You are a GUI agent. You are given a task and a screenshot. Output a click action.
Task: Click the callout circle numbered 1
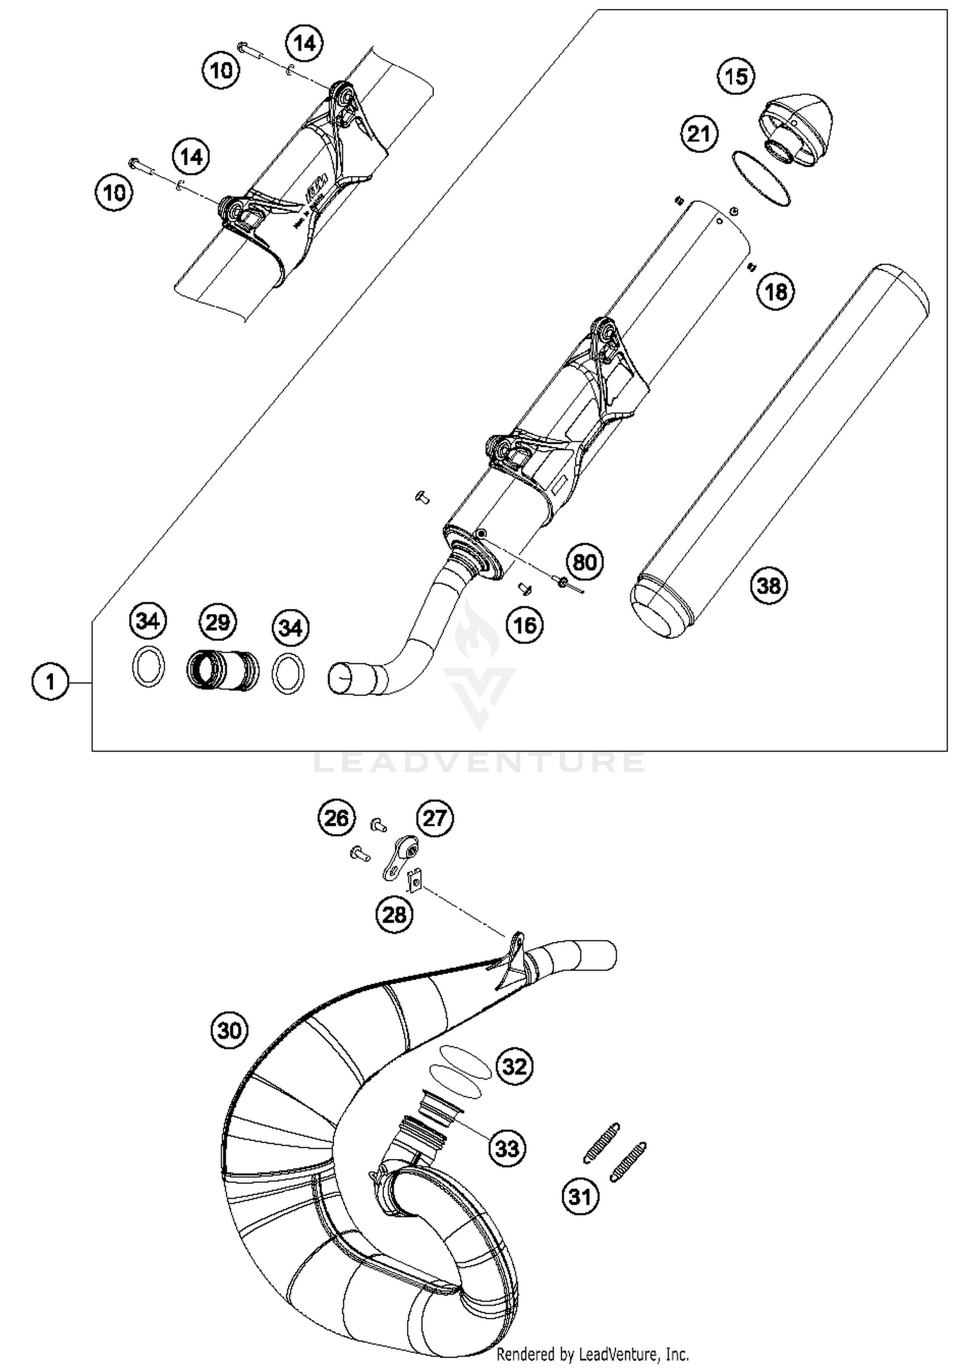tap(51, 682)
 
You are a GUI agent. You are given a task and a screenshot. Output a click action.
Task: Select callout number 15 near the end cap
tap(736, 76)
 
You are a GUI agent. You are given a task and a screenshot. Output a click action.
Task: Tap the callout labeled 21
tap(699, 134)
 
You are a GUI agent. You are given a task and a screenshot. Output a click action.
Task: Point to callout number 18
tap(776, 292)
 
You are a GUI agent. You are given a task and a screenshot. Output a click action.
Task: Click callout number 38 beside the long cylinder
tap(769, 585)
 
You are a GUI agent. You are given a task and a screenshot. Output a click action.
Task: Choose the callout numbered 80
tap(585, 562)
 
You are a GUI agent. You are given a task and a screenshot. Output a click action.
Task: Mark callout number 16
tap(525, 624)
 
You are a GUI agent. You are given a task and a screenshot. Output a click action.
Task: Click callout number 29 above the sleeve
tap(217, 622)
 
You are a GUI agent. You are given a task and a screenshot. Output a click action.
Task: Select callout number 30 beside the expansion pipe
tap(229, 1031)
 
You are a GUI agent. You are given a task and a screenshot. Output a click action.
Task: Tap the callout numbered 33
tap(507, 1148)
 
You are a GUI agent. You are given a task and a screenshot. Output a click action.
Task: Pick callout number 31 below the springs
tap(580, 1196)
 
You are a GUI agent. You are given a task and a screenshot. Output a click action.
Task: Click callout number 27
tap(435, 818)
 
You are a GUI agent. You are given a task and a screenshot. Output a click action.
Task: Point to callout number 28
tap(394, 914)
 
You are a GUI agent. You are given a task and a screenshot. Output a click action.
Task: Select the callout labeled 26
tap(337, 818)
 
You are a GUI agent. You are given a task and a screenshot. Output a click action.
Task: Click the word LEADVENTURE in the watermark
tap(480, 762)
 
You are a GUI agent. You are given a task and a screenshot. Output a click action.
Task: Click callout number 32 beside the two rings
tap(515, 1067)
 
